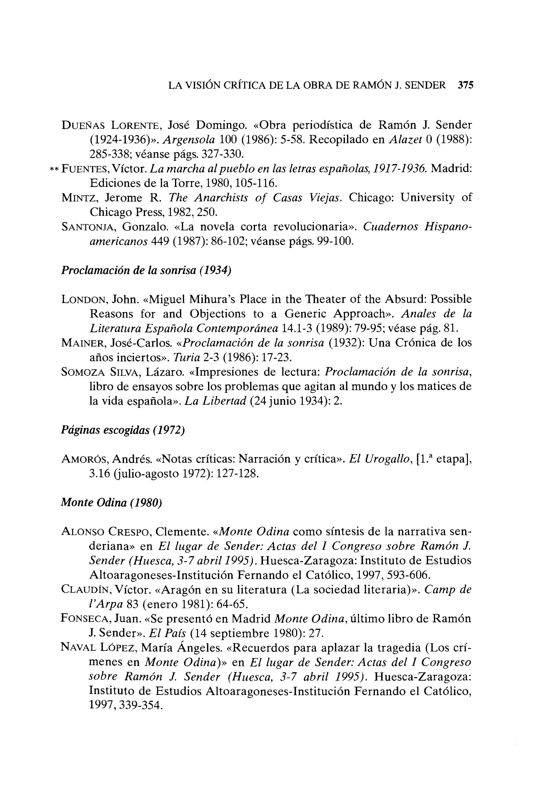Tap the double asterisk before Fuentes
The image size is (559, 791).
(54, 169)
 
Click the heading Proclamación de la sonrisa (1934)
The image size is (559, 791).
(146, 270)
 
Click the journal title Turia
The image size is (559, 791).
(186, 358)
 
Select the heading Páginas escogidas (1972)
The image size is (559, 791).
(123, 430)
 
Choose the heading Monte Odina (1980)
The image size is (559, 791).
(111, 503)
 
